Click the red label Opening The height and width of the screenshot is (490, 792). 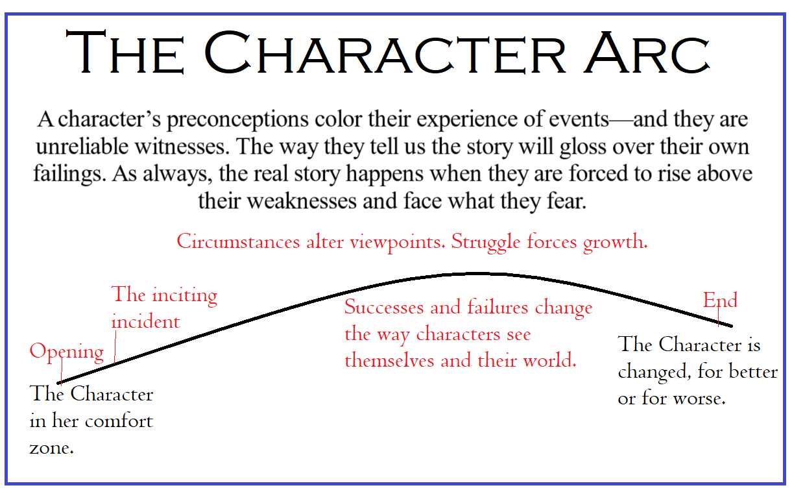pyautogui.click(x=66, y=352)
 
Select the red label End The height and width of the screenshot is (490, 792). pyautogui.click(x=720, y=300)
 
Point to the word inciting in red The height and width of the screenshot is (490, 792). pyautogui.click(x=184, y=295)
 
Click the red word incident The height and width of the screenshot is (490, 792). pyautogui.click(x=145, y=321)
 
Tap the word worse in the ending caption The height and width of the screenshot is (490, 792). pyautogui.click(x=699, y=398)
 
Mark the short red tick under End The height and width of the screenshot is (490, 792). pyautogui.click(x=719, y=315)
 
